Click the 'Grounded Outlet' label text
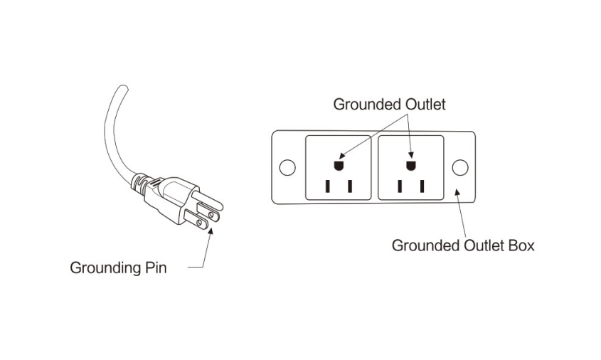point(389,105)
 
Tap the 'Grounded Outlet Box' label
point(463,246)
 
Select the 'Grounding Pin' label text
point(118,269)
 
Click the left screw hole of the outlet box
point(287,168)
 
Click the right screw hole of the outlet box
point(460,168)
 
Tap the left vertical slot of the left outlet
point(327,186)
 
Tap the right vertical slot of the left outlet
point(350,186)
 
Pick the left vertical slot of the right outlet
point(399,186)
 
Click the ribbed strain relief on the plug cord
point(143,184)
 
